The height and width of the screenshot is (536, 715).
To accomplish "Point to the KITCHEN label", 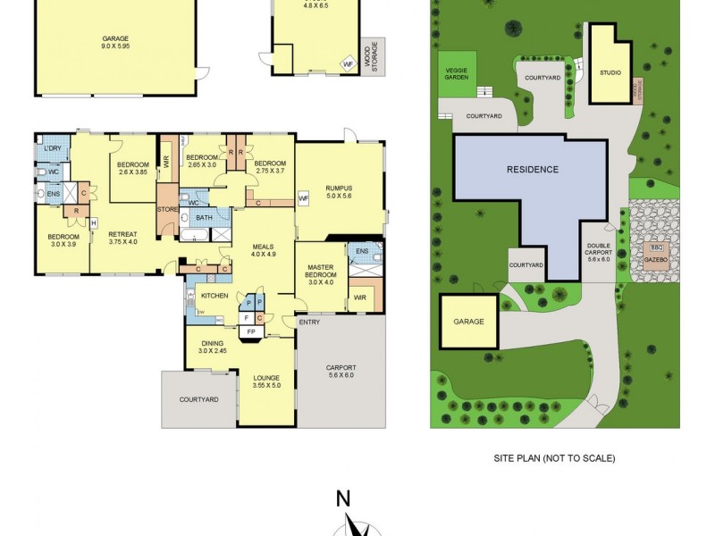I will (x=214, y=295).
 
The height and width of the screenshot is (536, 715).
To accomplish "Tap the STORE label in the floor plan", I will (x=167, y=210).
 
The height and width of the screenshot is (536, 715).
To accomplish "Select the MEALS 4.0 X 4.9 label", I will (x=262, y=249).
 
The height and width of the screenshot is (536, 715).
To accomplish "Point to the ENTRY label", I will (x=309, y=322).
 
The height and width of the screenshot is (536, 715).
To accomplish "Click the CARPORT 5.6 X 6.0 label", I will (x=341, y=371).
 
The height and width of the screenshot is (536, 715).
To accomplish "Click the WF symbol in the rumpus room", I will (x=303, y=198).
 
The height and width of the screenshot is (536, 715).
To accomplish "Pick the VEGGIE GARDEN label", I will (x=457, y=74).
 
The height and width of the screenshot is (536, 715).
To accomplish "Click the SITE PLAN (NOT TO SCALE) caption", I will (x=554, y=458).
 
